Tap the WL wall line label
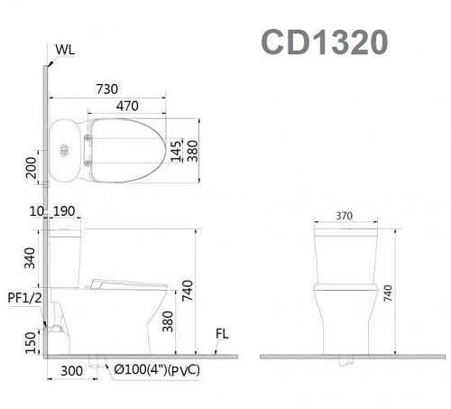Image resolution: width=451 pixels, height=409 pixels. click(65, 49)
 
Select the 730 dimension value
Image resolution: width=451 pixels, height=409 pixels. click(107, 88)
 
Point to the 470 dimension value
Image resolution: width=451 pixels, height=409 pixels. click(127, 106)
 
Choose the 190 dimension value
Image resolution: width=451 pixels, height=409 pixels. click(63, 210)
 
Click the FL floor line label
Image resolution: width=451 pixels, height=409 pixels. click(222, 335)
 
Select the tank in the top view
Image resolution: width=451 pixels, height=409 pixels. click(67, 149)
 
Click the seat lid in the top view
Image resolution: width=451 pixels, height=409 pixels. click(126, 149)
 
